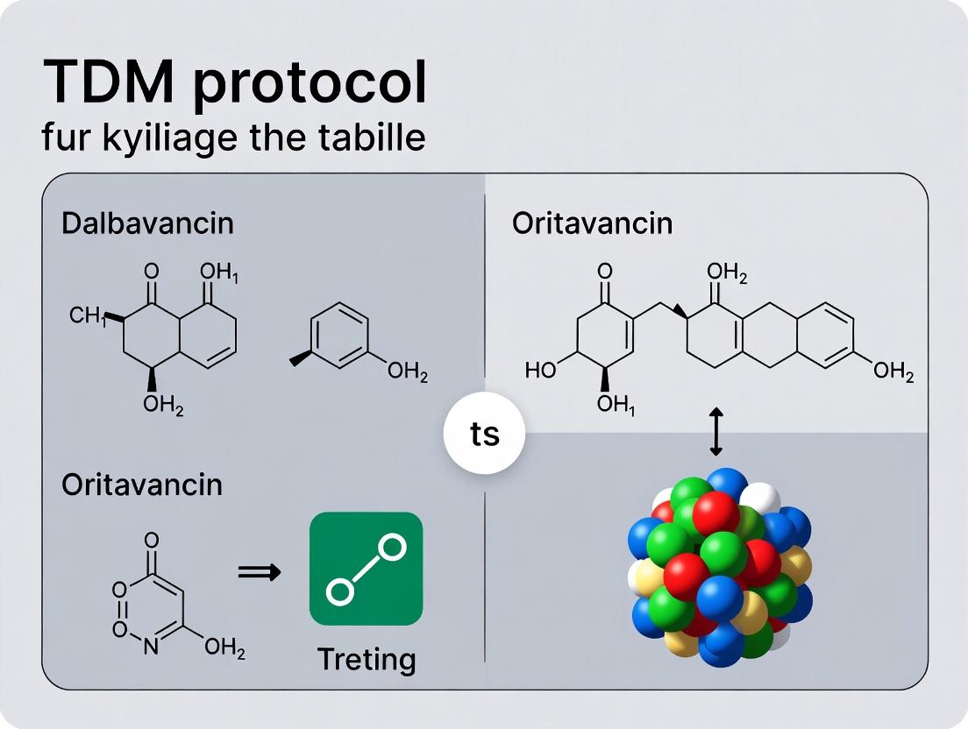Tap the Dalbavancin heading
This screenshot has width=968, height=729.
pyautogui.click(x=147, y=223)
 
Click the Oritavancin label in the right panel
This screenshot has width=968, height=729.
pyautogui.click(x=592, y=223)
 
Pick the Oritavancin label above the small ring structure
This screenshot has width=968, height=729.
pyautogui.click(x=141, y=485)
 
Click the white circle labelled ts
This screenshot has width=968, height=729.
pyautogui.click(x=484, y=435)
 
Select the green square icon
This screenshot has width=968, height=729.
pyautogui.click(x=366, y=569)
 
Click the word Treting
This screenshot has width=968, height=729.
pyautogui.click(x=367, y=658)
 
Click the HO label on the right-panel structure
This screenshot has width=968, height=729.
pyautogui.click(x=541, y=371)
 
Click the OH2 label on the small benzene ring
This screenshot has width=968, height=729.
pyautogui.click(x=408, y=374)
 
